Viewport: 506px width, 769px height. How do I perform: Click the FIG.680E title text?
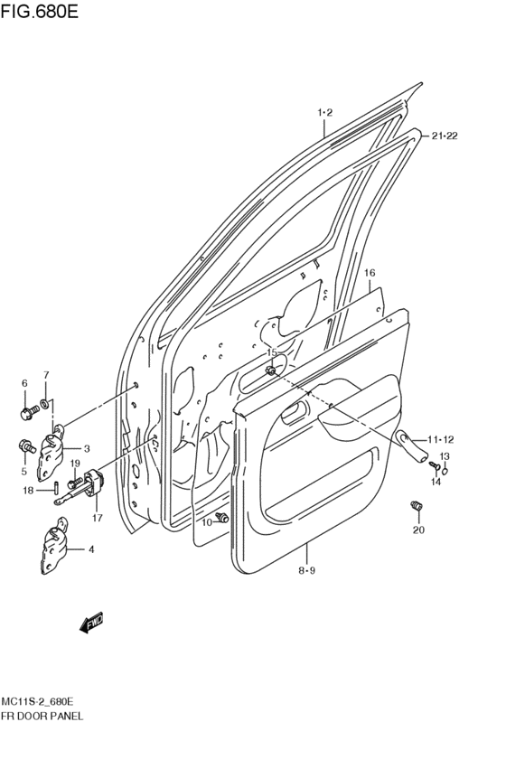pos(42,12)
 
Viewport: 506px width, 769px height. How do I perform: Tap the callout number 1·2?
pos(325,113)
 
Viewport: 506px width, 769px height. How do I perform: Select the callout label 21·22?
pos(445,136)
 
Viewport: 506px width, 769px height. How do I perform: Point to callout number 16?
pos(370,272)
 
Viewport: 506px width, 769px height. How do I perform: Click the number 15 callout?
pos(271,352)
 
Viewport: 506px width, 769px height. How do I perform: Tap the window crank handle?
pos(411,444)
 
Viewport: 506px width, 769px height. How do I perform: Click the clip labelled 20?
pos(417,505)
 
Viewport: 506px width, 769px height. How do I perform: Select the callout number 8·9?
pos(307,569)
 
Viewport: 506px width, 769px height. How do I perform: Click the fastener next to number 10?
pos(223,519)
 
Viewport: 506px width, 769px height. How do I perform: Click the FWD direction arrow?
pos(91,623)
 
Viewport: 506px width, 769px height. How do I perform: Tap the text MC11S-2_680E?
pos(37,701)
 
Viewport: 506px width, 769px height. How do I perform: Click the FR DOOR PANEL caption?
pos(42,716)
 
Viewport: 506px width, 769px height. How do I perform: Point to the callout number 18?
pos(28,491)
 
